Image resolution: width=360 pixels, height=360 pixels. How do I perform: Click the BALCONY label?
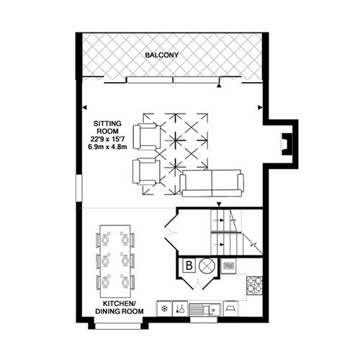(162, 55)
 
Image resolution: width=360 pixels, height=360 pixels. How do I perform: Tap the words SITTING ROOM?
(107, 127)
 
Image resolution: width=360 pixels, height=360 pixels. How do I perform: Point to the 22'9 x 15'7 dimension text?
(107, 139)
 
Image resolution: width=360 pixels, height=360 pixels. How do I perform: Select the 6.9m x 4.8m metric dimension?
(107, 147)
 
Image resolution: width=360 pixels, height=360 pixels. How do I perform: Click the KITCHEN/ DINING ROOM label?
(120, 307)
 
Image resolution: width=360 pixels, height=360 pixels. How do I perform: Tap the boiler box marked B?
(189, 266)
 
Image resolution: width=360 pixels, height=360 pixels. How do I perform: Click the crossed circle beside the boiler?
(207, 266)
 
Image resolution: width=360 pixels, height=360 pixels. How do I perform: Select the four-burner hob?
(254, 285)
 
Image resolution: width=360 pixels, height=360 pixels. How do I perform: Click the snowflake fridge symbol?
(165, 309)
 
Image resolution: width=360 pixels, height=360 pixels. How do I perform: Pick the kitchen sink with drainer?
(204, 310)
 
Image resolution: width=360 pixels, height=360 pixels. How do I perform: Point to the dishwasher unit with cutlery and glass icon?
(180, 309)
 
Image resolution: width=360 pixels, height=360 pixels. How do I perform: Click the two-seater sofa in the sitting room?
(212, 184)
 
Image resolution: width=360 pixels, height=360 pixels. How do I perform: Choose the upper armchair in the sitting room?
(147, 137)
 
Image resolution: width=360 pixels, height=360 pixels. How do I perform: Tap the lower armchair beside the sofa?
(146, 171)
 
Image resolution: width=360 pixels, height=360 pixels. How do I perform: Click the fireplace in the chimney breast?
(287, 144)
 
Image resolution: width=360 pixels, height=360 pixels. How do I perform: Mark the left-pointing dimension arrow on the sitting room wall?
(84, 107)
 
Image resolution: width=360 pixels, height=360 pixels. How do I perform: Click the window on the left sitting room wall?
(79, 188)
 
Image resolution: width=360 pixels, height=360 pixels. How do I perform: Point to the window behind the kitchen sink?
(204, 320)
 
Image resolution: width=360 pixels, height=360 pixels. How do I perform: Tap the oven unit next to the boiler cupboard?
(228, 266)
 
